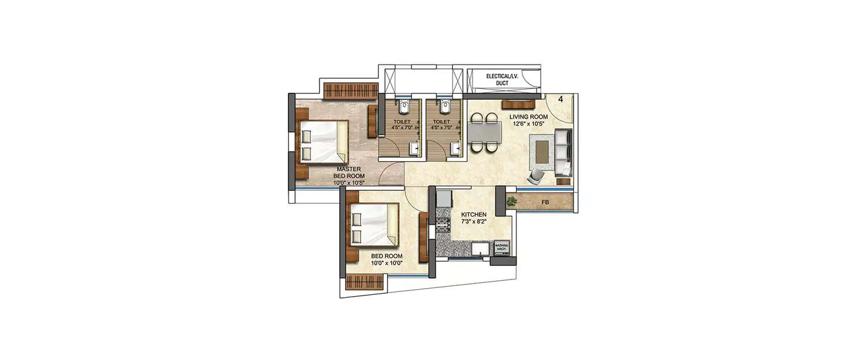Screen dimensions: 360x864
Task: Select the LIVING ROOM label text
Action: [528, 116]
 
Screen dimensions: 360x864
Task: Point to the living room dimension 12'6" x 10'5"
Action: [528, 124]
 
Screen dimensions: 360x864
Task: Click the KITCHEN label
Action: [474, 214]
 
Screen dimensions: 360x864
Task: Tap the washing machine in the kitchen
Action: [502, 248]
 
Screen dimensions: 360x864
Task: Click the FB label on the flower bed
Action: [544, 203]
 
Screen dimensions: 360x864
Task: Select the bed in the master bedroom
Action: [321, 143]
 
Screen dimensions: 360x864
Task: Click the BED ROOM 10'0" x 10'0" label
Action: [386, 260]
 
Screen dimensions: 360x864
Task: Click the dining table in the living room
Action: [484, 132]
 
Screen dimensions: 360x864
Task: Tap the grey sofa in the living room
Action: [562, 151]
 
